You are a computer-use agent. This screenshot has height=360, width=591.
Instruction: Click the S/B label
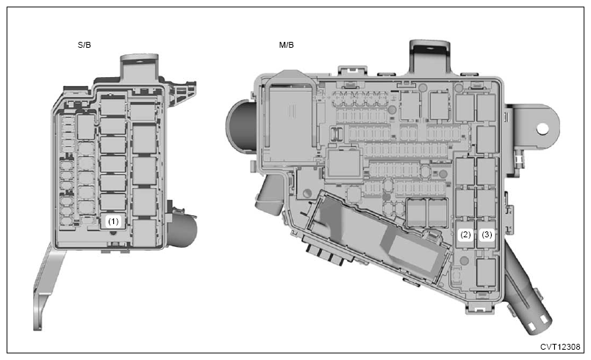(84, 45)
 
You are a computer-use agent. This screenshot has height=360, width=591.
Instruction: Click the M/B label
(286, 45)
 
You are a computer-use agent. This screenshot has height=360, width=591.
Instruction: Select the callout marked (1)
(113, 221)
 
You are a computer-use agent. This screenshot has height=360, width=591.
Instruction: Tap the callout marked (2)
(465, 234)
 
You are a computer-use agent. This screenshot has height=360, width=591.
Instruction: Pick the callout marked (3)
(487, 234)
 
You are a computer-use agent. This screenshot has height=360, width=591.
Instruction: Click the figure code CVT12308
(560, 347)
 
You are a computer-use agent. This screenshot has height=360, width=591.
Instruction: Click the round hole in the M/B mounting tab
(542, 129)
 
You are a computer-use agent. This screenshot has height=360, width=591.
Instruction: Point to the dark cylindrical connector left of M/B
(240, 127)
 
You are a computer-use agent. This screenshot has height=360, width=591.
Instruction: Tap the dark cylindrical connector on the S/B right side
(182, 229)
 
